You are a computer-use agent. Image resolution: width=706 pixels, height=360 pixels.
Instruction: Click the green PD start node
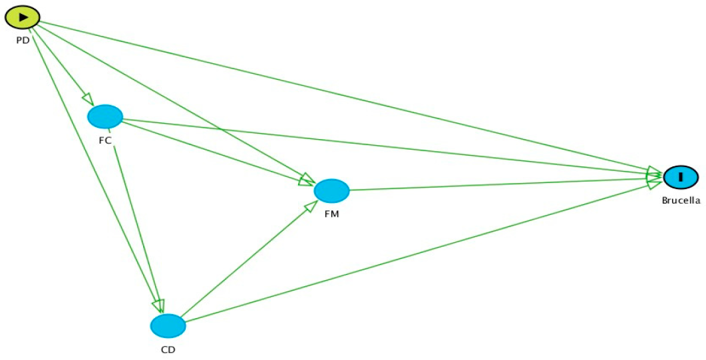tap(23, 17)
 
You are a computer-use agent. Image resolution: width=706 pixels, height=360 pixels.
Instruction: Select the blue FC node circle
tap(105, 116)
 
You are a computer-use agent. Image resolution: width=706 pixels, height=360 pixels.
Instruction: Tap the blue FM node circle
tap(332, 191)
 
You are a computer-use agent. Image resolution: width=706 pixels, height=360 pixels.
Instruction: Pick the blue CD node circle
tap(168, 326)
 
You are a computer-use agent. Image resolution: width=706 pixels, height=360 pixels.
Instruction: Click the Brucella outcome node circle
tap(681, 177)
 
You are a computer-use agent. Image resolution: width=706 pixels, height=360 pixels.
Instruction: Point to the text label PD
tap(23, 40)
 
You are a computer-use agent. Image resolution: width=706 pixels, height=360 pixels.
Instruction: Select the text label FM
tap(331, 214)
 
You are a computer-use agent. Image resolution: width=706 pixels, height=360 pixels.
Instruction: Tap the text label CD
tap(168, 349)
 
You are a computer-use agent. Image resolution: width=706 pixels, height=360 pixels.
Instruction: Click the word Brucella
tap(681, 200)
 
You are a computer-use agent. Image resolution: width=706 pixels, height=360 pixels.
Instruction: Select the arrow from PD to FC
tap(63, 67)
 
